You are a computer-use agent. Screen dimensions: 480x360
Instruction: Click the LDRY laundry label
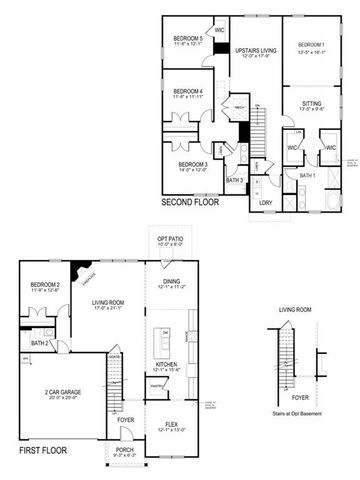(x=266, y=203)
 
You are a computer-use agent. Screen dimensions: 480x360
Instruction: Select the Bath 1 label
(x=307, y=176)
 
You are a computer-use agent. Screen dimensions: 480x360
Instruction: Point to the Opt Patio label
(x=171, y=240)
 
